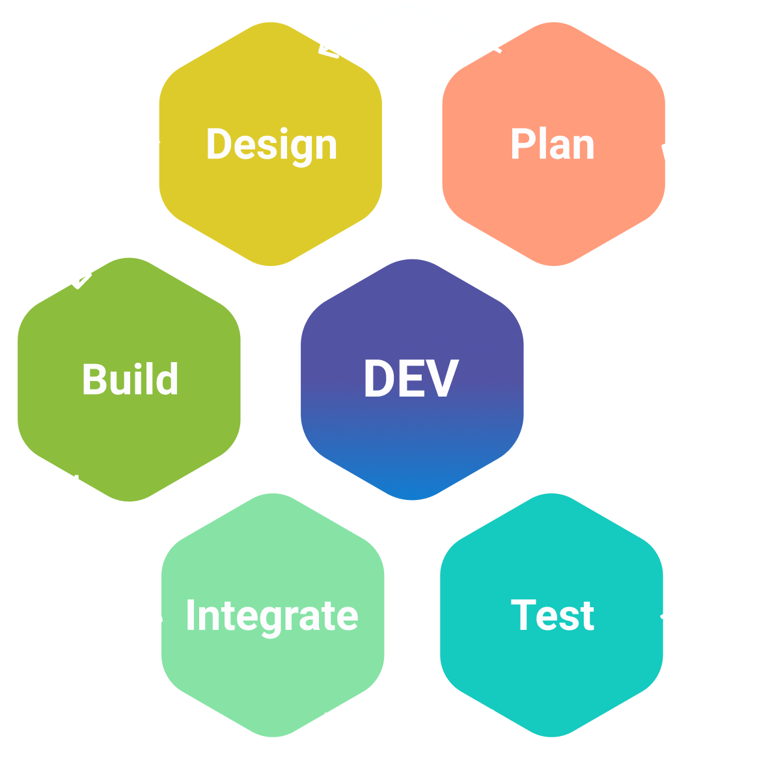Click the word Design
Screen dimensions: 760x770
tap(271, 144)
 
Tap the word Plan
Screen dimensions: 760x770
tap(552, 144)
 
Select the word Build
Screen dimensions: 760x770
tap(130, 380)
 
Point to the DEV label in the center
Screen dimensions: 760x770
tap(411, 379)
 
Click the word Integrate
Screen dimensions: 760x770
tap(271, 615)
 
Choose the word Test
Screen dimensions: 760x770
tap(552, 615)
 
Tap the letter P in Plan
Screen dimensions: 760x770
tap(521, 144)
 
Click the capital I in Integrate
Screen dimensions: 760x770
tap(190, 615)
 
